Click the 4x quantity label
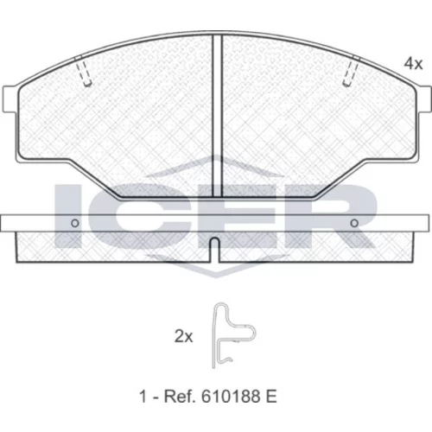(x=413, y=63)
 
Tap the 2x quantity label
(x=183, y=336)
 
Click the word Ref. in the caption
(x=178, y=397)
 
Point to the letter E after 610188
(x=270, y=397)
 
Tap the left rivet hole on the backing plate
(x=75, y=223)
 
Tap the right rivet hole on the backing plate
(x=354, y=223)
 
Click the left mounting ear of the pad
(x=9, y=99)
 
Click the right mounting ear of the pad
(x=425, y=99)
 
